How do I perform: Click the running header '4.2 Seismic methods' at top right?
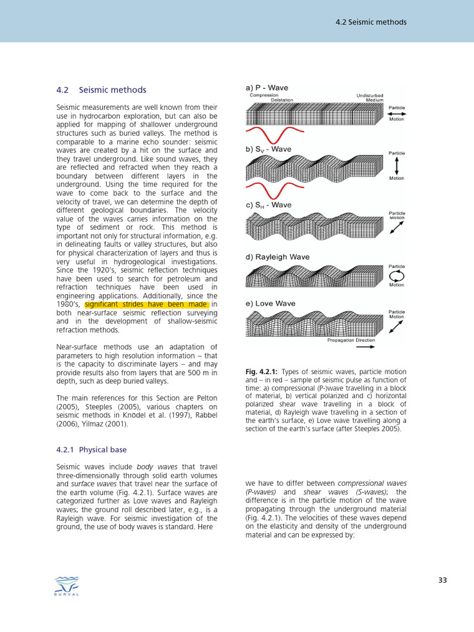371,22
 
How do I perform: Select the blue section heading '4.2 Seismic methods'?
101,90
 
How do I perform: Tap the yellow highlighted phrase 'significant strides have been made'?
147,304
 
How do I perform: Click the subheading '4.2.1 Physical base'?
91,449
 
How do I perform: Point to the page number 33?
442,580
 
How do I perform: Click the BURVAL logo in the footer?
67,586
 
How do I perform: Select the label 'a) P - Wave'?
267,88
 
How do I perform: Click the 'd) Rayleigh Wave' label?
278,257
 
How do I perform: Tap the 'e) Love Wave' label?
270,303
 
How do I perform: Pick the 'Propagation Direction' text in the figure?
351,340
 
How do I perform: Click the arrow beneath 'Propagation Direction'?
365,347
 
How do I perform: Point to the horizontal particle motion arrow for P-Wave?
396,114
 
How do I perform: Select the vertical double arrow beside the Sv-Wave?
396,165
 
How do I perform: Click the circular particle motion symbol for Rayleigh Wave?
396,276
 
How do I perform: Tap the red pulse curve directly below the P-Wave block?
275,134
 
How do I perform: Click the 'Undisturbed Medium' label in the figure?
370,98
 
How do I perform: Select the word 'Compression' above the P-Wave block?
264,95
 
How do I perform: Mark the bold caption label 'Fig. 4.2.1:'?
262,372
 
